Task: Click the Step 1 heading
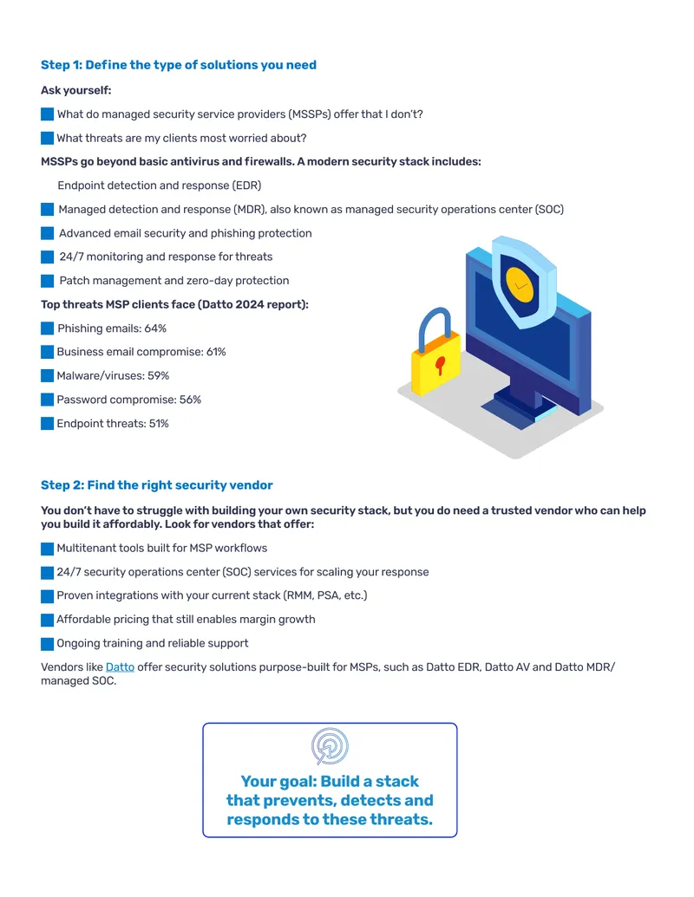coord(178,65)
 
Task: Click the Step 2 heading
coord(156,485)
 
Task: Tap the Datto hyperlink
coord(121,667)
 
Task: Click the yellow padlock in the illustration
coord(435,354)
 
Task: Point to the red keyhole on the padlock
coord(440,365)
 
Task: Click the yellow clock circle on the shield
coord(520,284)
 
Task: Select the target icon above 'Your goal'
coord(330,746)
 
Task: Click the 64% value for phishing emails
coord(155,328)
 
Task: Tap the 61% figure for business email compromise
coord(216,352)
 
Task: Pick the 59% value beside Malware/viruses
coord(159,376)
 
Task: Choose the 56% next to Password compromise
coord(190,400)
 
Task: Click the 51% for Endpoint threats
coord(159,424)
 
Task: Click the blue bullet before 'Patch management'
coord(48,281)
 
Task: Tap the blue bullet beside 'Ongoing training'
coord(48,644)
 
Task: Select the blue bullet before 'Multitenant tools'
coord(48,549)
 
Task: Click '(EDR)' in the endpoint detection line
coord(246,185)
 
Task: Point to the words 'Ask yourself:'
coord(76,90)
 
